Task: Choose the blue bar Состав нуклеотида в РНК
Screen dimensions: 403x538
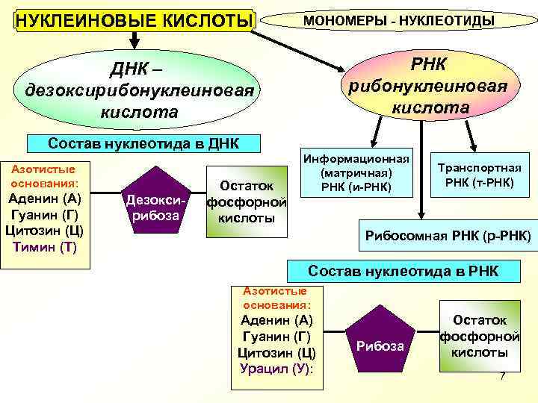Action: (x=404, y=272)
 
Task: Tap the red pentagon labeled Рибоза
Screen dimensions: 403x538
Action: (x=380, y=344)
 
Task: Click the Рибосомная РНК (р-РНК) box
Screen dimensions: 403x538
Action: (x=448, y=236)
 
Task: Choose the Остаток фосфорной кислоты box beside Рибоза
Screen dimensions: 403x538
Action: (x=480, y=336)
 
